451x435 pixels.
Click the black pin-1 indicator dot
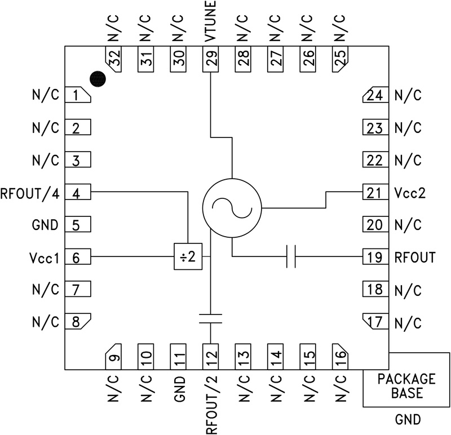tap(99, 79)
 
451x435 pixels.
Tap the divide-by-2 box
tap(187, 257)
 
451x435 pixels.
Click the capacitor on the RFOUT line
tap(291, 257)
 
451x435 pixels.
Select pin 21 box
tap(374, 193)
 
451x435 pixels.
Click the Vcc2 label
tap(410, 193)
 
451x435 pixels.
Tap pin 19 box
tap(374, 258)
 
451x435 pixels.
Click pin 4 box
tap(78, 193)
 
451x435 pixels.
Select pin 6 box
tap(78, 258)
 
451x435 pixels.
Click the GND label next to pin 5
tap(46, 225)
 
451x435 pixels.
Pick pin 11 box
tap(179, 355)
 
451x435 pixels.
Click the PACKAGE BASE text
tap(406, 385)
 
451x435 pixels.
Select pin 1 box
tap(78, 95)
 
